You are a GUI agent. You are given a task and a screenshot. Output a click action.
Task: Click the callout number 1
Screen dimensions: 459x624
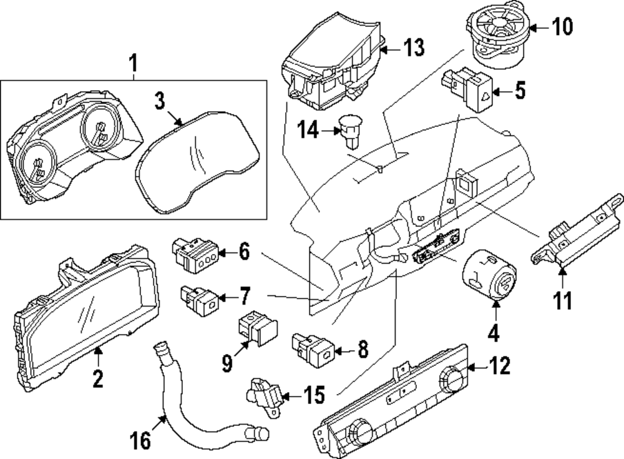click(x=132, y=62)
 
